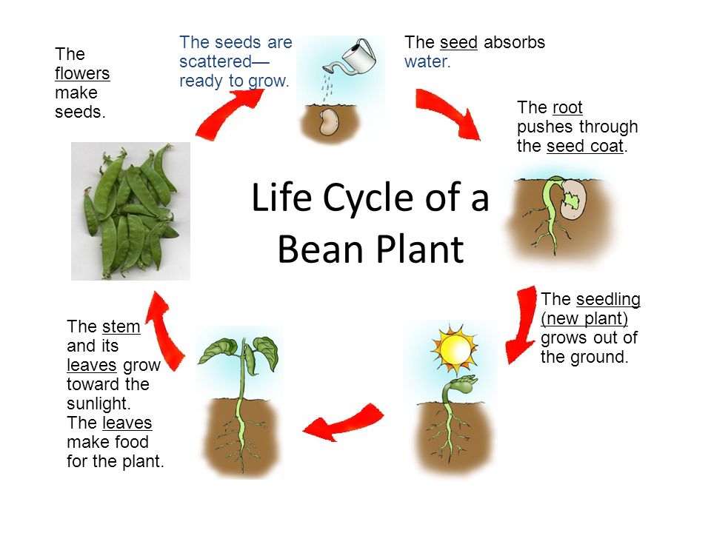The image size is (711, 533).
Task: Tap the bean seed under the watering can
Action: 328,122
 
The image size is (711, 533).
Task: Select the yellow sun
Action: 454,349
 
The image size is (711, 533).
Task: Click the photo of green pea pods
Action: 130,211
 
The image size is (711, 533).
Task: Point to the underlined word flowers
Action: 82,73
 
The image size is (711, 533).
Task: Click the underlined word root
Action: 567,108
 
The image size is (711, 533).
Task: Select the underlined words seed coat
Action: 585,147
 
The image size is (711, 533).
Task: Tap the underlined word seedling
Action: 608,300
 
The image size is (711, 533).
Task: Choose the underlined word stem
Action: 121,326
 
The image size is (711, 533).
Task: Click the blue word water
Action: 427,61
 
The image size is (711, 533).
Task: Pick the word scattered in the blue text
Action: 215,61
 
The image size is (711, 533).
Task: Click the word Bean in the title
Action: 321,249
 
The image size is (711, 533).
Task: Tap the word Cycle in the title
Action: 368,198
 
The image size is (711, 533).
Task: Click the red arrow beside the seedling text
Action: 523,324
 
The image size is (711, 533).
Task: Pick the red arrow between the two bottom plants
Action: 343,422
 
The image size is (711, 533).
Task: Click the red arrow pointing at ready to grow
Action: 228,112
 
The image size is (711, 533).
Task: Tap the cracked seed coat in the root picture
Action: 573,198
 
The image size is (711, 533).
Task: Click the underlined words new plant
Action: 584,319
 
